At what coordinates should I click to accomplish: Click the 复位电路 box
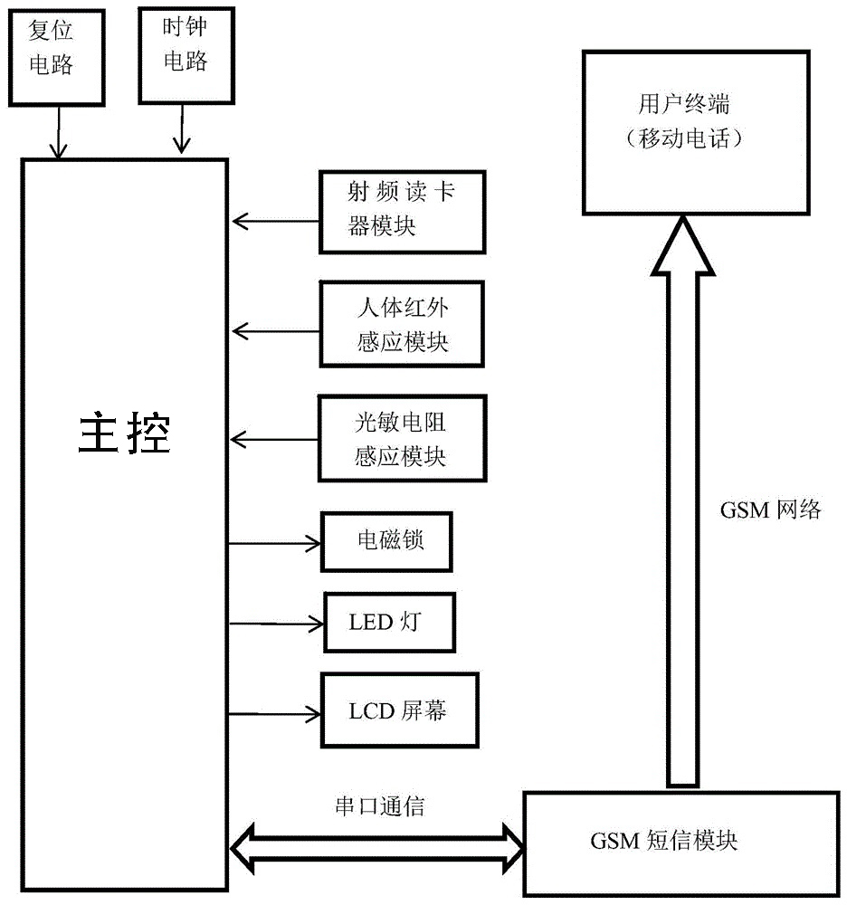tap(51, 50)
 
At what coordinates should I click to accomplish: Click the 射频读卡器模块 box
tap(402, 211)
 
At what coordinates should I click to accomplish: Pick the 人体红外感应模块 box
tap(402, 323)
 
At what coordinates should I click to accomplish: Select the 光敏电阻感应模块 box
tap(402, 438)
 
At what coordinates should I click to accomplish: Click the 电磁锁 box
tap(386, 542)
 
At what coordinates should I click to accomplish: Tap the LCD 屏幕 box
tap(399, 710)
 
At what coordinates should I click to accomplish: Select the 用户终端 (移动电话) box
tap(683, 131)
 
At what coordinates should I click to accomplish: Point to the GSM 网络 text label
tap(771, 510)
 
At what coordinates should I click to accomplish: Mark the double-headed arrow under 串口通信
tap(377, 848)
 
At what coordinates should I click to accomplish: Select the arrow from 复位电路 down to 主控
tap(59, 133)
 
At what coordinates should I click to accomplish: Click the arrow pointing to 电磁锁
tap(275, 543)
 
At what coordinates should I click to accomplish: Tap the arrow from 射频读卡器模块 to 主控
tap(275, 220)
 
